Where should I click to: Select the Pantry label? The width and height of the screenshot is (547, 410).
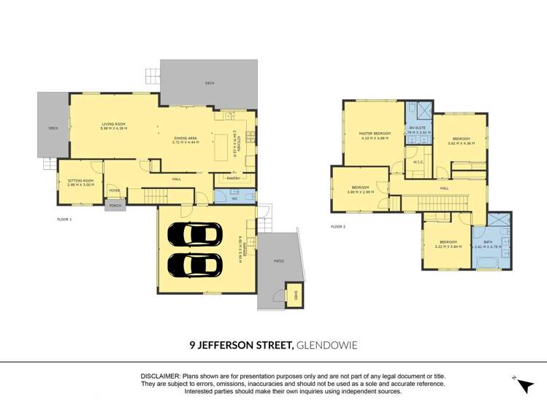[x=234, y=178]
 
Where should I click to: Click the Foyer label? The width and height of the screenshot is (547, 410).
[x=115, y=190]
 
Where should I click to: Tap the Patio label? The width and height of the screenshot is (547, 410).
[x=278, y=260]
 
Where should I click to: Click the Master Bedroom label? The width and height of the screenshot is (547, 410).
[x=375, y=134]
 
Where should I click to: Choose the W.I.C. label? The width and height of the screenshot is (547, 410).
[x=418, y=162]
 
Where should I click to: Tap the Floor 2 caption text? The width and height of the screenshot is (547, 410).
[x=338, y=227]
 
